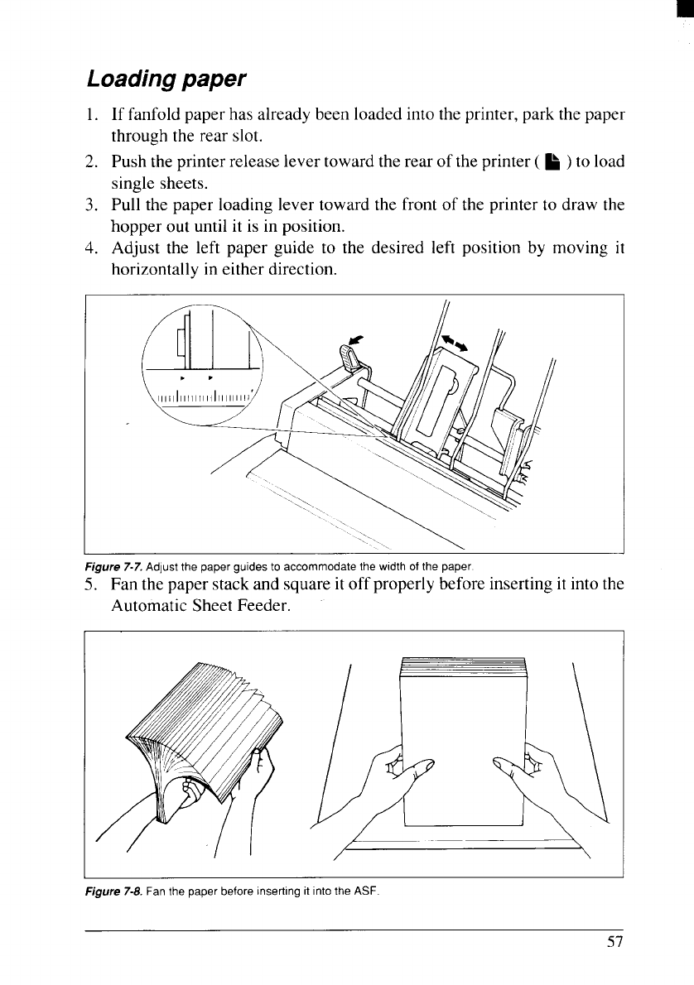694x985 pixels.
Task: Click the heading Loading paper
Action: point(166,79)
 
